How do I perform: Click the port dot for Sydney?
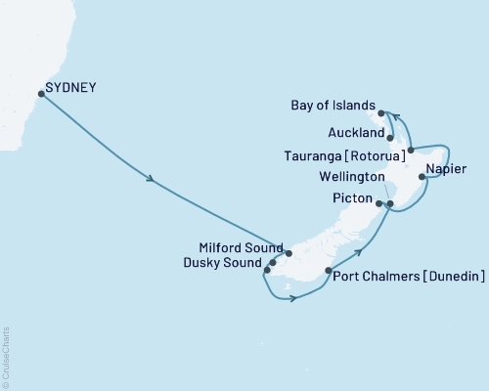pyautogui.click(x=41, y=94)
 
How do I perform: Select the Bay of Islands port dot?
pyautogui.click(x=381, y=113)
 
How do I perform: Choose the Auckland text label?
pyautogui.click(x=352, y=127)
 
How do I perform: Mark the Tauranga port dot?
pyautogui.click(x=411, y=150)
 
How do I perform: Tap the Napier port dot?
pyautogui.click(x=422, y=177)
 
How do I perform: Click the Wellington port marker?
pyautogui.click(x=389, y=204)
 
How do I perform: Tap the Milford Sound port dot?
pyautogui.click(x=289, y=253)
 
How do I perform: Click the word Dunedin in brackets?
pyautogui.click(x=453, y=278)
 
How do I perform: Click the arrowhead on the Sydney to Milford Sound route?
pyautogui.click(x=150, y=179)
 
